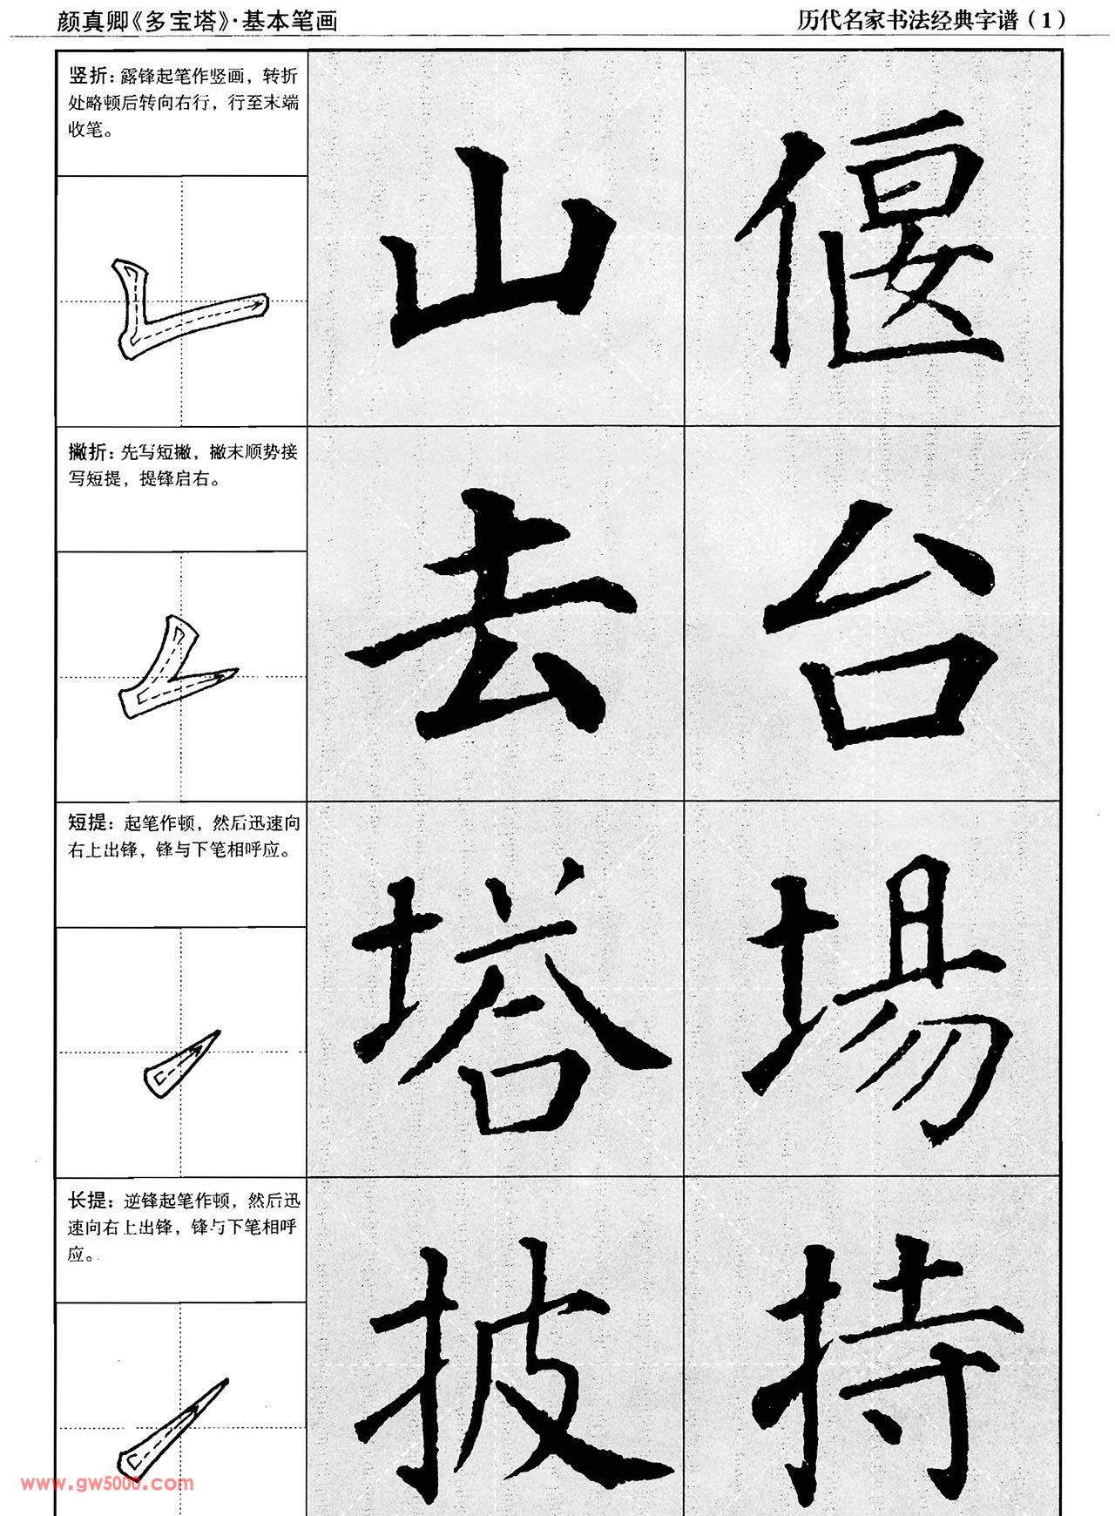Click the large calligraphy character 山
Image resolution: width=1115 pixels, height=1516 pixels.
pyautogui.click(x=497, y=253)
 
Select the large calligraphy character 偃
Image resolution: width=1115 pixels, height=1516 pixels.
pyautogui.click(x=871, y=248)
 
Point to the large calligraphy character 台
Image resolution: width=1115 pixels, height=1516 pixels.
pyautogui.click(x=880, y=623)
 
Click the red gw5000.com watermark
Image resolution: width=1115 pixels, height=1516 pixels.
pyautogui.click(x=108, y=1483)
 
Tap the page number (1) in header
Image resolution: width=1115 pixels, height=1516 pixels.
pyautogui.click(x=1046, y=19)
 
